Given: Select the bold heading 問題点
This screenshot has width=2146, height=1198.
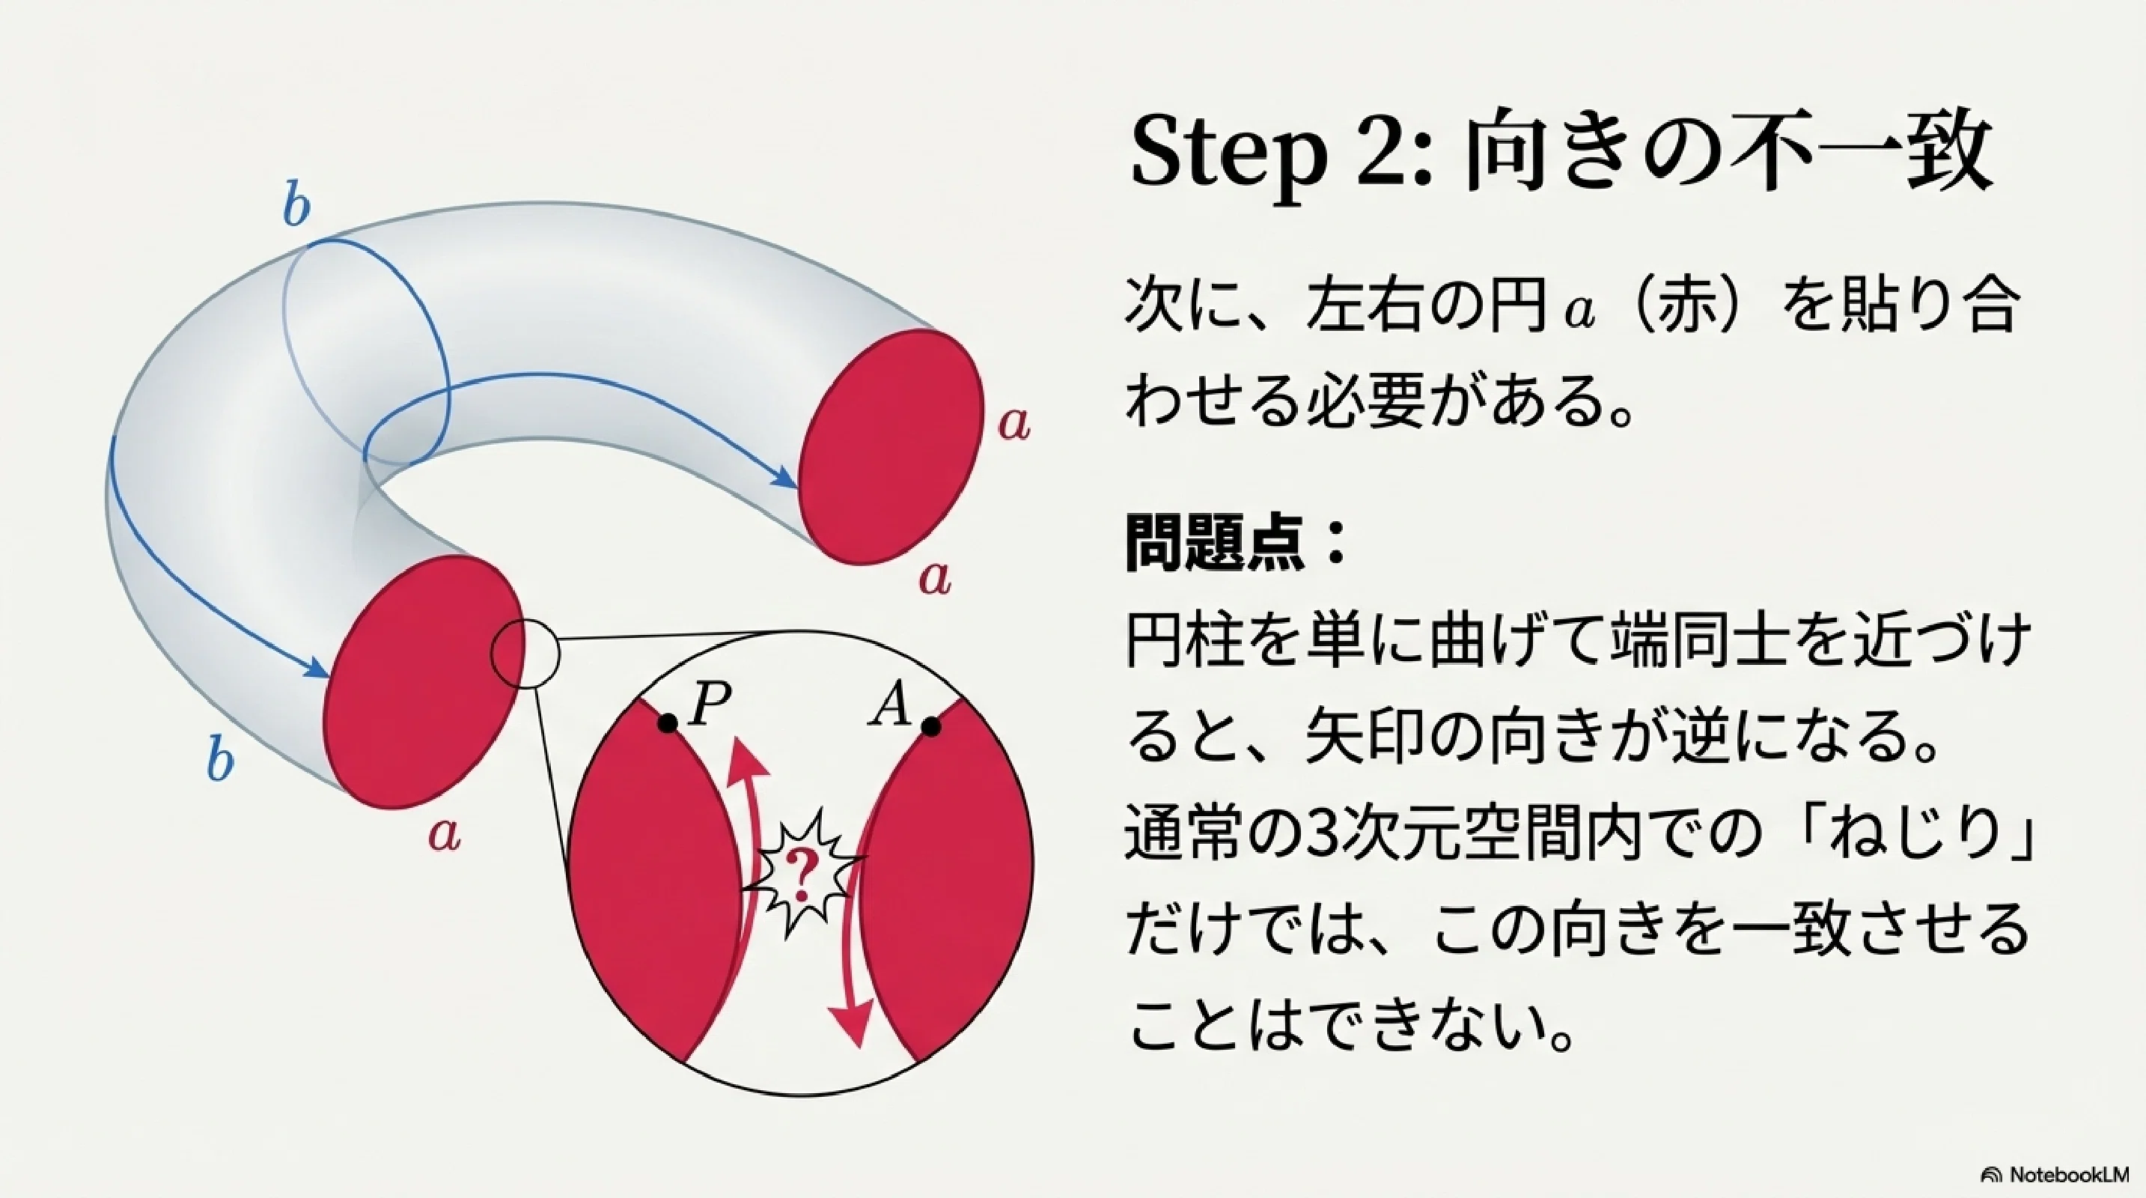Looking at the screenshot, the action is [1215, 542].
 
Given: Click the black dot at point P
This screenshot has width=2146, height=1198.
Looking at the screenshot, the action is [667, 723].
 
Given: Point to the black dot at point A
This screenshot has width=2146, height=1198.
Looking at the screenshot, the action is [931, 727].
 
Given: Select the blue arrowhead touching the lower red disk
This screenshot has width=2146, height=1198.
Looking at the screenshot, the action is [315, 667].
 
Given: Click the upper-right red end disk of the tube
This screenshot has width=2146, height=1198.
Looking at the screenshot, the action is [891, 446].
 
